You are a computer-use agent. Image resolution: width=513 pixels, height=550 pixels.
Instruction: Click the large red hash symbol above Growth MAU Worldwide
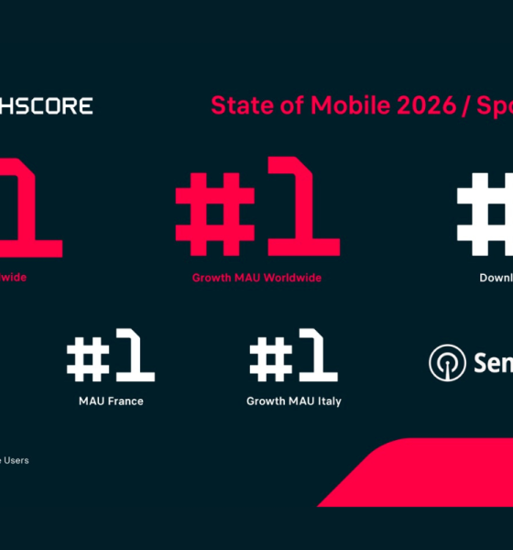click(212, 213)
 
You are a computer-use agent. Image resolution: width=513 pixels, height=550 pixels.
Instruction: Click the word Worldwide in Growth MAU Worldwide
click(292, 278)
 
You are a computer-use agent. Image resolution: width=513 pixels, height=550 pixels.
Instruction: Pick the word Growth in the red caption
click(210, 278)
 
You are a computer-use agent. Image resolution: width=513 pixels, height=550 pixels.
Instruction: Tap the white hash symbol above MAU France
click(89, 359)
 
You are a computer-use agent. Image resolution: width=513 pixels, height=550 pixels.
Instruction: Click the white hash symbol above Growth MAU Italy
click(271, 359)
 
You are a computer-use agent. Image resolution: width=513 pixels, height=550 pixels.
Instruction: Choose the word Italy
click(327, 401)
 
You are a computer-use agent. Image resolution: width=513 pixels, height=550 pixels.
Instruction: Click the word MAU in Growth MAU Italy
click(297, 401)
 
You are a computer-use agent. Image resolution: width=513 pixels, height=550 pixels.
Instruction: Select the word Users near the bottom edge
click(16, 460)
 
